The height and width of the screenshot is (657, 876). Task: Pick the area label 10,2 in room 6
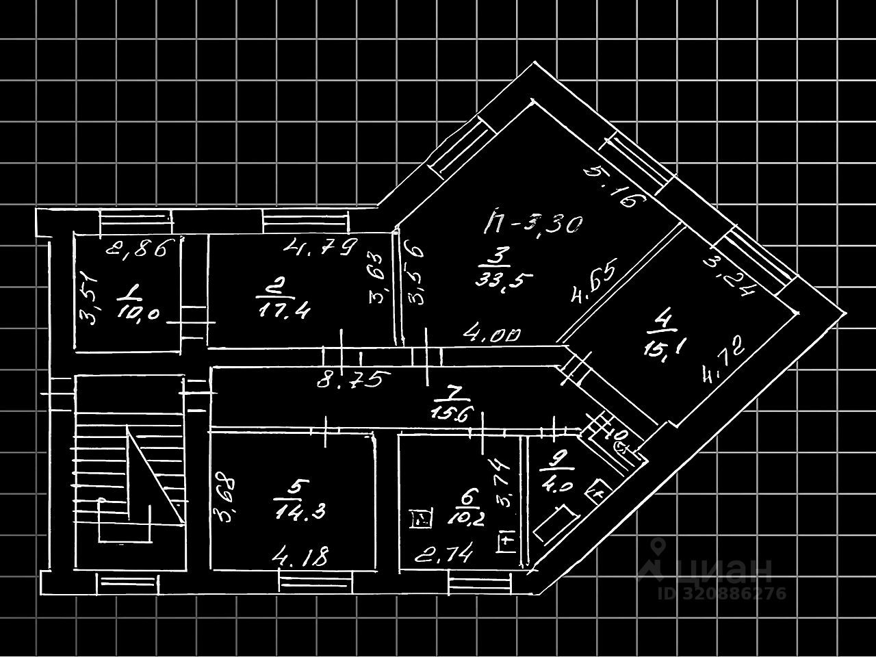coord(468,518)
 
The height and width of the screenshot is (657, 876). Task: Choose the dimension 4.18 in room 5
coord(300,556)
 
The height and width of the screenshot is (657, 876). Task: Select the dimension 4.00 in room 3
coord(493,335)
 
